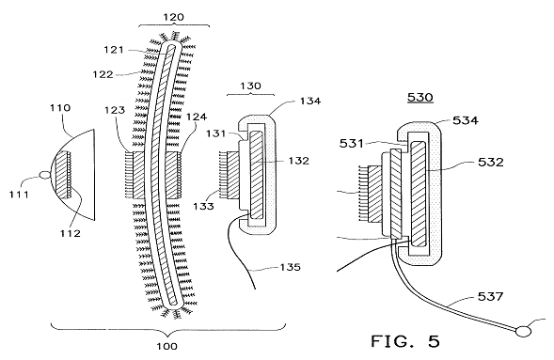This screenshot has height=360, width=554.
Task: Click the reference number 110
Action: pyautogui.click(x=60, y=108)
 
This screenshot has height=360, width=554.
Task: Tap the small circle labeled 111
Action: pyautogui.click(x=45, y=174)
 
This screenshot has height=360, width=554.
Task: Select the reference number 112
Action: pyautogui.click(x=70, y=233)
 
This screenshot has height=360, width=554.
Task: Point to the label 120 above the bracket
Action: pyautogui.click(x=173, y=17)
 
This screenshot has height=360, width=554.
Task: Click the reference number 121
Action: pyautogui.click(x=114, y=50)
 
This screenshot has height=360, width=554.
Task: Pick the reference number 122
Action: pyautogui.click(x=103, y=74)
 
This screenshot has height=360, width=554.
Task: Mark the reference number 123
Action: pyautogui.click(x=115, y=110)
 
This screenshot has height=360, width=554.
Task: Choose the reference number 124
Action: pyautogui.click(x=197, y=117)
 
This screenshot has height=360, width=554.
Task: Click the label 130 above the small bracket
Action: pyautogui.click(x=250, y=86)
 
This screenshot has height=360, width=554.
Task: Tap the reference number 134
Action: pyautogui.click(x=310, y=101)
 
